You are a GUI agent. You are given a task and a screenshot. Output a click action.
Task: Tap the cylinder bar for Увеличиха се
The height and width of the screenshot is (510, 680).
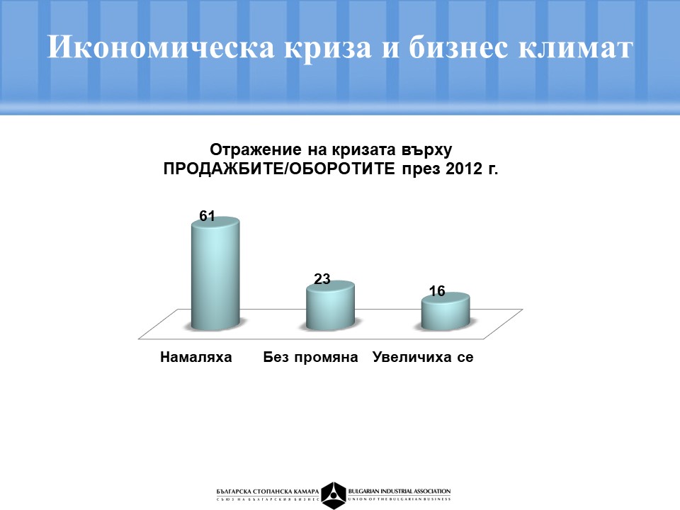(446, 311)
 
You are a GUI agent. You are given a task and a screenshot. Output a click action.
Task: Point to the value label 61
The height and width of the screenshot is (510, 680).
(208, 216)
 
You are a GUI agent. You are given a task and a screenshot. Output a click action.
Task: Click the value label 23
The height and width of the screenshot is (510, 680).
(322, 279)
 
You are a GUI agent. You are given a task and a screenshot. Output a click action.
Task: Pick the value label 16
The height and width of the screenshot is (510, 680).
(437, 291)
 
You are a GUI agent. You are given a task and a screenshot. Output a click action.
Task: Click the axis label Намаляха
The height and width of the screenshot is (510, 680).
(196, 357)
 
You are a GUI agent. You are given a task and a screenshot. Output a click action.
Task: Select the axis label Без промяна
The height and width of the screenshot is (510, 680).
(310, 357)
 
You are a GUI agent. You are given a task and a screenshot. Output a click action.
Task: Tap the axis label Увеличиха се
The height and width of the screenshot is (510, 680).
(423, 357)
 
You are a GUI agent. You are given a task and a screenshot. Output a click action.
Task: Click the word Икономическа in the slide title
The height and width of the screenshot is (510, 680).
(161, 47)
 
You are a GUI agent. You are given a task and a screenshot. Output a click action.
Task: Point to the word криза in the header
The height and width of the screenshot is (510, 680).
(328, 47)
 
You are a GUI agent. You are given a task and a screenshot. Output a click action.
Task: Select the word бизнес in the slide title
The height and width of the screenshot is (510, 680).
(458, 47)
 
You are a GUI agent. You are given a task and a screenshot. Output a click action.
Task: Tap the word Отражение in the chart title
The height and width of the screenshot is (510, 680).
(256, 150)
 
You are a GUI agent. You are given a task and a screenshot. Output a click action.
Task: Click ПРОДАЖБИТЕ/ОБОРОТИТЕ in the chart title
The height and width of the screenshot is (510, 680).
(279, 169)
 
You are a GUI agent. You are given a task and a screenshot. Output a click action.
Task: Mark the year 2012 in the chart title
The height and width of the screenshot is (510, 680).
(464, 169)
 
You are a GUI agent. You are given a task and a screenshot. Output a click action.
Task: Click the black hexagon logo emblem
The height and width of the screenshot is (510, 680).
(334, 495)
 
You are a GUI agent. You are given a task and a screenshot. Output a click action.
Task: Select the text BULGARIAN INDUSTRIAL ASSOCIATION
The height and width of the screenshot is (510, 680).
(399, 492)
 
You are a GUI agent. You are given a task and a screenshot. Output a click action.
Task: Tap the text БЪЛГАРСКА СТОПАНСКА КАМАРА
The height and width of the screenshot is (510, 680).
(268, 492)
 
